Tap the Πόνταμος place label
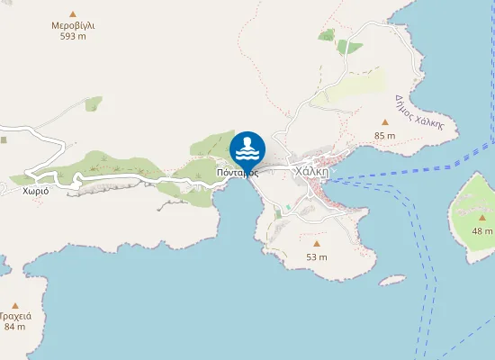click(x=238, y=173)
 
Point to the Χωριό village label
click(x=36, y=191)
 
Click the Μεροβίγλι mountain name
click(x=73, y=25)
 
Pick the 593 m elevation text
click(x=73, y=37)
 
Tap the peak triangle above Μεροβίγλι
click(x=73, y=13)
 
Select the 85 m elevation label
click(x=385, y=136)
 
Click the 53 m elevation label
click(x=316, y=256)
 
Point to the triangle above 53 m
click(x=316, y=243)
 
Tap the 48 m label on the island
click(x=482, y=231)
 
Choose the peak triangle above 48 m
click(x=483, y=218)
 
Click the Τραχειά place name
click(x=15, y=316)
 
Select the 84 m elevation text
click(x=14, y=327)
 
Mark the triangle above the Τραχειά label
click(x=14, y=304)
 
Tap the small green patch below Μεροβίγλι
click(x=93, y=103)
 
